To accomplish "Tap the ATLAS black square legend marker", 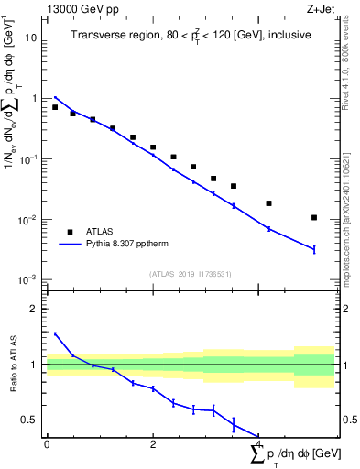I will (70, 232).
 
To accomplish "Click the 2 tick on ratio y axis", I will (35, 309).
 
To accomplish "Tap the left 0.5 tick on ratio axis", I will (31, 420).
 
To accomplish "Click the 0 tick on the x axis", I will (47, 444).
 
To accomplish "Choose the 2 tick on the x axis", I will (153, 444).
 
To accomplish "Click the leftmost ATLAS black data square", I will (55, 107).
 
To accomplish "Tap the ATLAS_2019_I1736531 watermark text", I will (191, 274).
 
